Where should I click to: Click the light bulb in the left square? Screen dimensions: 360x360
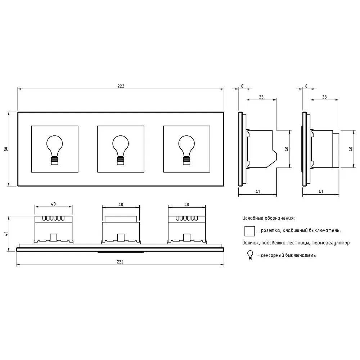[55, 150]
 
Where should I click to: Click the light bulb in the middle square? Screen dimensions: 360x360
[121, 150]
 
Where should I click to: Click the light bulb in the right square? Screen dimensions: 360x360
[186, 150]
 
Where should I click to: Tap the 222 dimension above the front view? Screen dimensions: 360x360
[121, 86]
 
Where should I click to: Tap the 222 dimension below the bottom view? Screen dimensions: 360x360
[120, 262]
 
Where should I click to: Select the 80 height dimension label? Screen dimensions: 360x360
[6, 149]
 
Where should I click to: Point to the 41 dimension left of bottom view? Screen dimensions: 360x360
[6, 234]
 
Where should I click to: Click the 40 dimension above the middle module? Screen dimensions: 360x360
[121, 204]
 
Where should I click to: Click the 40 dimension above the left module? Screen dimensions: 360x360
[54, 204]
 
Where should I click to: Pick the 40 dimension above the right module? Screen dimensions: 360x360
[186, 204]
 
